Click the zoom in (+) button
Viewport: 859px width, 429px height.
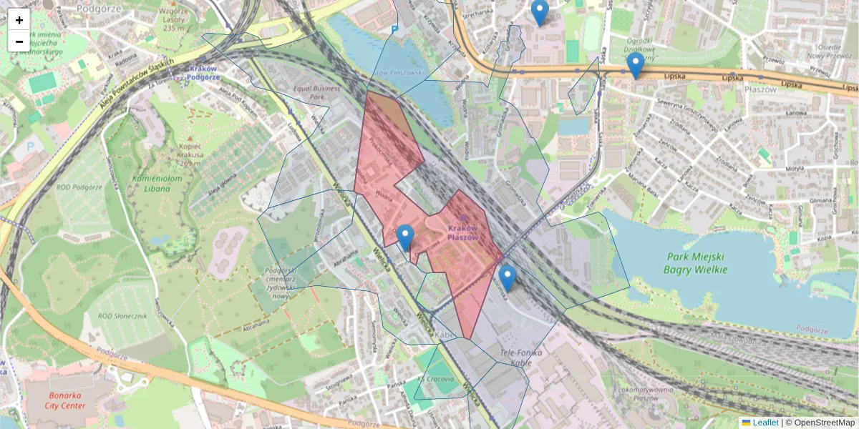(19, 20)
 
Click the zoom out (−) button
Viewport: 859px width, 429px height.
(19, 41)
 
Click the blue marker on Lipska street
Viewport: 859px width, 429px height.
(635, 66)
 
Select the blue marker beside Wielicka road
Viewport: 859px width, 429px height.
(405, 237)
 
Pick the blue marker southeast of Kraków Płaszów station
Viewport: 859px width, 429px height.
(508, 277)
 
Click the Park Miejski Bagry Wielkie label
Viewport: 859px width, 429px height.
(695, 263)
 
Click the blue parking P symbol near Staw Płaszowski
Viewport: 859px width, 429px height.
(394, 29)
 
